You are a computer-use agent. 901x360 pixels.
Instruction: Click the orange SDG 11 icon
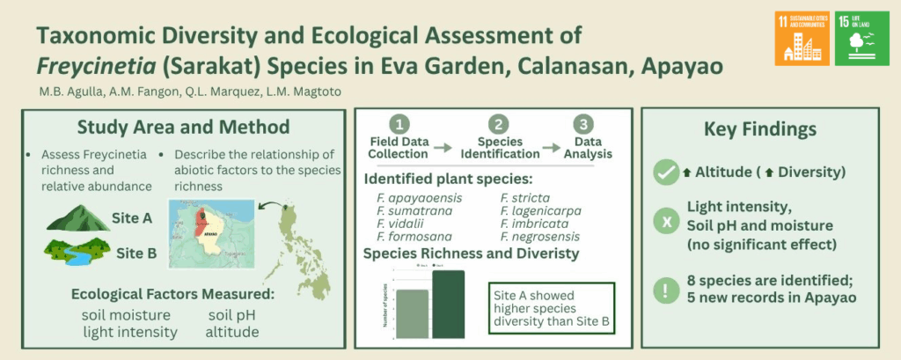coord(802,39)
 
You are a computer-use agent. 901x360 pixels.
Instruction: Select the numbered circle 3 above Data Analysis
coord(582,125)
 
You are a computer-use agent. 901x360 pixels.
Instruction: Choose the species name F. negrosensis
coord(541,236)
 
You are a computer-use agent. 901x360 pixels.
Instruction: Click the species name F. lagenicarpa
coord(541,211)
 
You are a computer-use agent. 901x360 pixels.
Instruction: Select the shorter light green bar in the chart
coord(412,314)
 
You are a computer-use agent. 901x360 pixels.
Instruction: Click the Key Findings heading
coord(760,129)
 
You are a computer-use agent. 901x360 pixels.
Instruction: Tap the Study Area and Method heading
coord(183,127)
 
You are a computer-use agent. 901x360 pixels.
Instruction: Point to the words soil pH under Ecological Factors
coord(233,315)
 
